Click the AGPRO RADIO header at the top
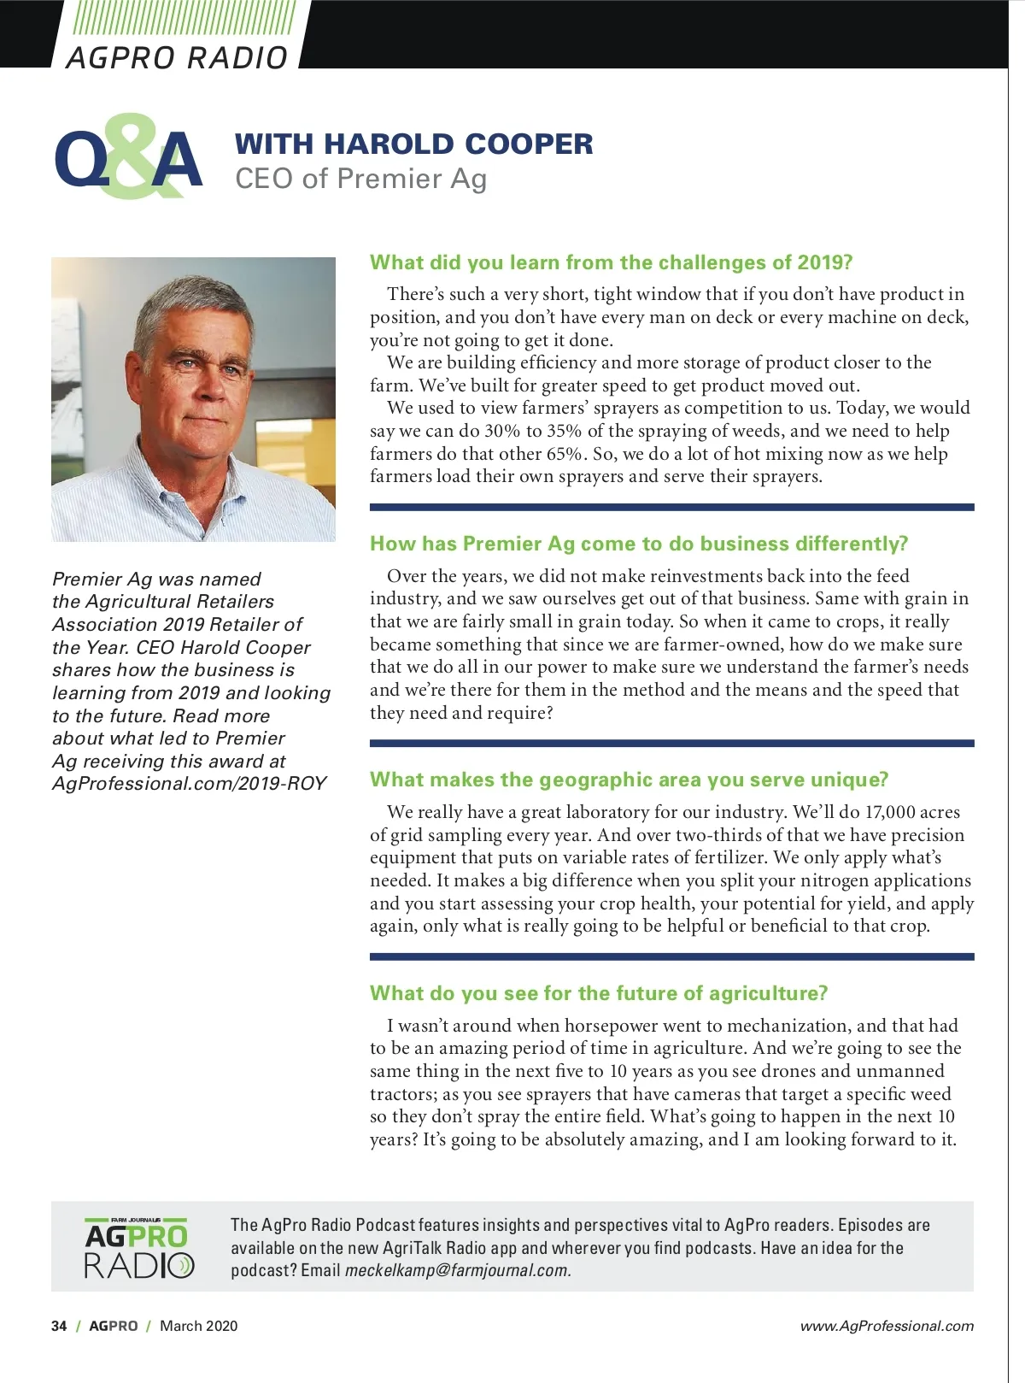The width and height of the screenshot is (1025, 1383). click(177, 57)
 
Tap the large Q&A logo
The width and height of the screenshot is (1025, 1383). click(128, 159)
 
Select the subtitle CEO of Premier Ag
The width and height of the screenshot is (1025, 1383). click(360, 179)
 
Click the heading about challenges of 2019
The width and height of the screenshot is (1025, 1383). click(611, 262)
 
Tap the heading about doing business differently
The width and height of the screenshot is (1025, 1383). click(638, 544)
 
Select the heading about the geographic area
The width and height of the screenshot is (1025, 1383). click(629, 780)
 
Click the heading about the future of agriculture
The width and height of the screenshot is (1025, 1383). click(598, 993)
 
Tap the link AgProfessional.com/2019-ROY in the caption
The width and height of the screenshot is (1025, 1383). click(189, 784)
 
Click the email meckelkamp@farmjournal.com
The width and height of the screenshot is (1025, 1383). click(457, 1270)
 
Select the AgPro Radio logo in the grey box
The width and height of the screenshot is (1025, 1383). click(138, 1249)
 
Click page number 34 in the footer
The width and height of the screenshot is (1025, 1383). click(59, 1326)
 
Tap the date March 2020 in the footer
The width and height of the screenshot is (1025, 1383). click(199, 1326)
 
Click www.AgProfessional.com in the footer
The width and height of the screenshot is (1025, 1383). click(887, 1326)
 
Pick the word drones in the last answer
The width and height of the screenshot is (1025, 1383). click(792, 1071)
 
